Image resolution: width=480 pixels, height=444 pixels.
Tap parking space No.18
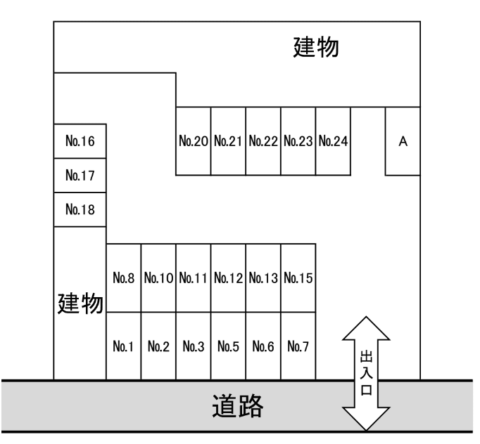[x=80, y=209]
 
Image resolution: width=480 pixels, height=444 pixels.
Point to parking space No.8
[x=123, y=278]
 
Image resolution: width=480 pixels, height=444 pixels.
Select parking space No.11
[x=193, y=278]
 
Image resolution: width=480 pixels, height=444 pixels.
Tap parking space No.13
[x=263, y=278]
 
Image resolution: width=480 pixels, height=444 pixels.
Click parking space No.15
[x=298, y=278]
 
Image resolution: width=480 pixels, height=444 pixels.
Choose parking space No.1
[x=123, y=346]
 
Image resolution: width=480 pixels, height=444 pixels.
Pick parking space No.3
[x=193, y=346]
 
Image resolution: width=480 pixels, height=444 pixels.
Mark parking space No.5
[x=228, y=346]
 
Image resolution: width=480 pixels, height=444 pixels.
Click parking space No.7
[x=298, y=346]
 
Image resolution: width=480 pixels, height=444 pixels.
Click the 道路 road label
[x=239, y=406]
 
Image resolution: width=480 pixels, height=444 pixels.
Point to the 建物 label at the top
[x=316, y=49]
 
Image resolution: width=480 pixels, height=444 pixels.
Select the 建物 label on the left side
[x=80, y=304]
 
